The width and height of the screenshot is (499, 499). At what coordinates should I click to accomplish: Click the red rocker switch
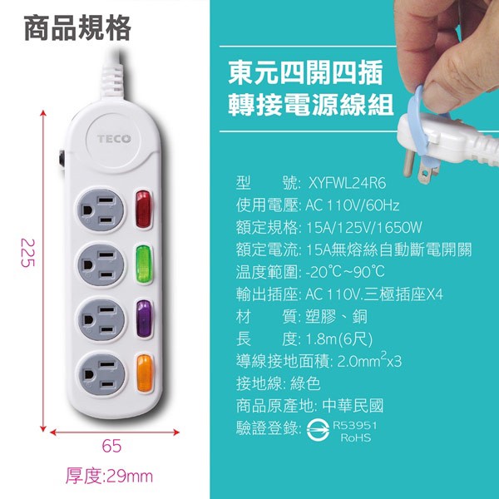point(143,209)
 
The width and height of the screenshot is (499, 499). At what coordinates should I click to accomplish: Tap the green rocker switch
point(144,264)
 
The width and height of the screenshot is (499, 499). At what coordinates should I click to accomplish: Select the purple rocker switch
point(144,319)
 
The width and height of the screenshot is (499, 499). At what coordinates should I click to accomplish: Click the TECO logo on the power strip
point(114,139)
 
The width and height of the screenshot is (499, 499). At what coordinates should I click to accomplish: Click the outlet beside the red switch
point(101,210)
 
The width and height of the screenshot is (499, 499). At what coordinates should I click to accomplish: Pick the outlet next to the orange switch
point(102,374)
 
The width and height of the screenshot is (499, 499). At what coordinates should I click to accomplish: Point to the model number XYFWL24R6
point(347,183)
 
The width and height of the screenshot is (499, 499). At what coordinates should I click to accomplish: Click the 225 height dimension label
point(27,253)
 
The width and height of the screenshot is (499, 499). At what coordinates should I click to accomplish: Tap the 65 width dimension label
point(111,446)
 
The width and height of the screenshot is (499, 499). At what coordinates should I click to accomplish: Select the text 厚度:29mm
point(109,476)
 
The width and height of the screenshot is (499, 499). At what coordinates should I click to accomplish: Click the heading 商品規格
point(77,27)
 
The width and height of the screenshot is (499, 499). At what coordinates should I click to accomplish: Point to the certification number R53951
point(354,426)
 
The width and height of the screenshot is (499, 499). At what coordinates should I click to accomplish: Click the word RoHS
point(356,437)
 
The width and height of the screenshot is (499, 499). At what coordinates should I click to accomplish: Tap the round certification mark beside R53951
point(318,430)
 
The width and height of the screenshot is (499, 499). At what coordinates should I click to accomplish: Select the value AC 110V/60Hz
point(352,205)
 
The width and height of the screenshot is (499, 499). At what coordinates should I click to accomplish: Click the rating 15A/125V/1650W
point(364,228)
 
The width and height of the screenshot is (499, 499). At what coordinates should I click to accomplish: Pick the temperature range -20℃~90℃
point(345,272)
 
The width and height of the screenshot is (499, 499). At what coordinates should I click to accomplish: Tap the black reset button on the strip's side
point(62,158)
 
